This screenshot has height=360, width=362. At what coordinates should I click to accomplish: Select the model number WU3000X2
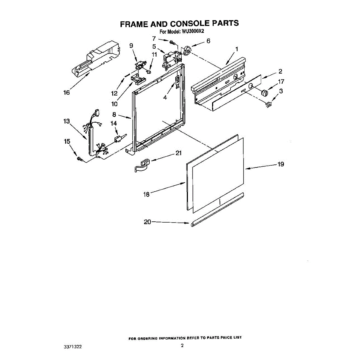193,31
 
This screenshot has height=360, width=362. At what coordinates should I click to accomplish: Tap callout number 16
66,92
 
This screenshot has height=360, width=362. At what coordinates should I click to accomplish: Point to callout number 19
281,164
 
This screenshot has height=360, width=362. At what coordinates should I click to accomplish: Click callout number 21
179,153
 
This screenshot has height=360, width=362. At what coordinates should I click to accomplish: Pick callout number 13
66,121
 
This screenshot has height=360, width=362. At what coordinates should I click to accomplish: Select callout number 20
147,222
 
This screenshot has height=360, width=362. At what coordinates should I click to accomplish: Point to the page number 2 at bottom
182,346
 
